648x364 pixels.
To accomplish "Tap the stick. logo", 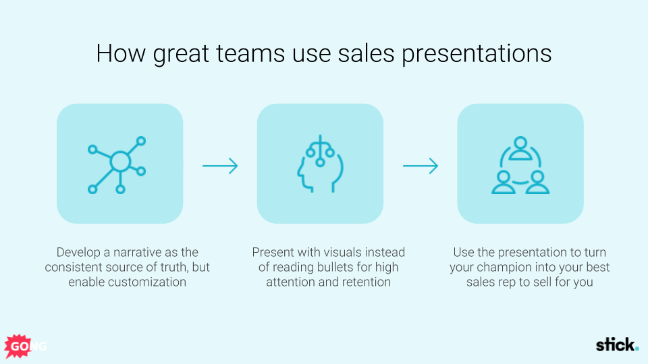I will coord(616,346).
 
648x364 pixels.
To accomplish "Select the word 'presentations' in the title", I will coord(477,54).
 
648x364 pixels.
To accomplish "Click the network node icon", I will coord(119,164).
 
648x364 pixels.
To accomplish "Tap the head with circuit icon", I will coord(320,164).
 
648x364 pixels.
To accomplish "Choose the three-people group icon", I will coord(520,165).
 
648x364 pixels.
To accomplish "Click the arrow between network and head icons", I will coord(220,166).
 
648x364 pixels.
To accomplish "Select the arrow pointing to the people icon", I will coord(421,166).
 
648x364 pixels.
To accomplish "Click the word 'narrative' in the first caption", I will coord(140,253).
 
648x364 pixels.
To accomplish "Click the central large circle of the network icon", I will coord(119,162).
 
